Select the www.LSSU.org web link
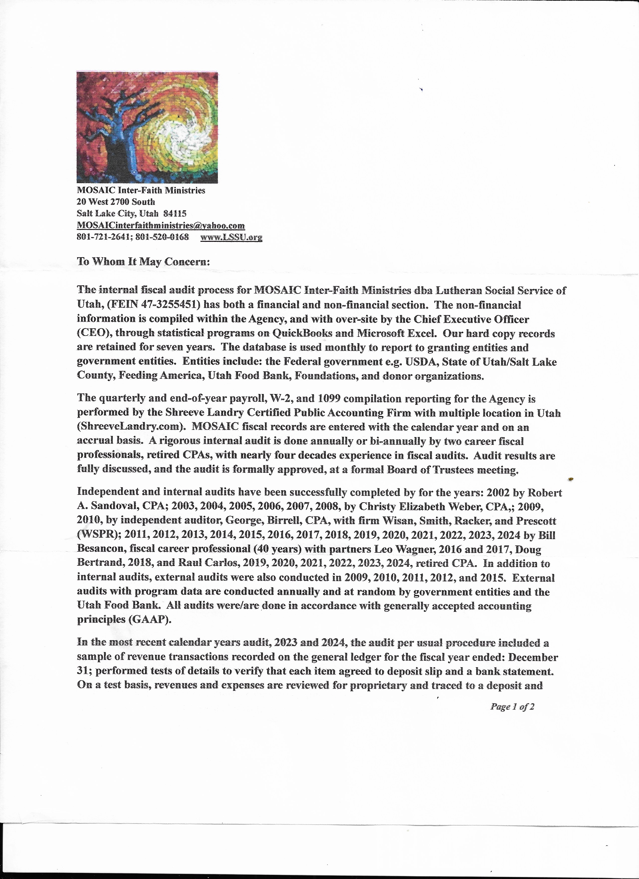pyautogui.click(x=231, y=237)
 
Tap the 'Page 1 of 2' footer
pyautogui.click(x=512, y=707)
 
